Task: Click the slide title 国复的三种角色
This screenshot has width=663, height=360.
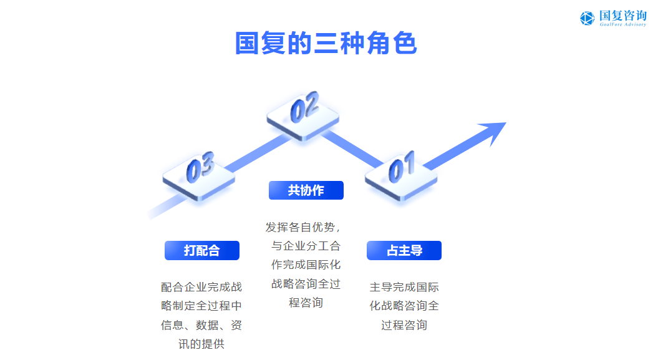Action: coord(326,44)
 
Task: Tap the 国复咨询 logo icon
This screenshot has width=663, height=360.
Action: coord(587,18)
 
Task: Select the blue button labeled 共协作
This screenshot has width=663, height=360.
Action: coord(306,190)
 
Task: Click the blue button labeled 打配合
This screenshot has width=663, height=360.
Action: coord(201,250)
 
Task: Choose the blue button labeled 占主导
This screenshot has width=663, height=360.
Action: coord(404,250)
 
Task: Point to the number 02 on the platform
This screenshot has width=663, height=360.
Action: coord(304,107)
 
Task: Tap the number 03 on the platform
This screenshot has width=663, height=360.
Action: coord(200,167)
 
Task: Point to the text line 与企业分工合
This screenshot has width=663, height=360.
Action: coord(306,246)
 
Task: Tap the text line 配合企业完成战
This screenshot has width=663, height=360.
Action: coord(201,287)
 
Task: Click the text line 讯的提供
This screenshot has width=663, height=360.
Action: coord(201,344)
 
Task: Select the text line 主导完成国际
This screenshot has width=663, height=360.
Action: coord(404,287)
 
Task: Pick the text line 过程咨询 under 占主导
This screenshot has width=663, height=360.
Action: coord(404,325)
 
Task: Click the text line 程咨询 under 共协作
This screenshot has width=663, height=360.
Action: coord(306,303)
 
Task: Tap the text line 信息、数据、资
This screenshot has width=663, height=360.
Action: coord(201,325)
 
